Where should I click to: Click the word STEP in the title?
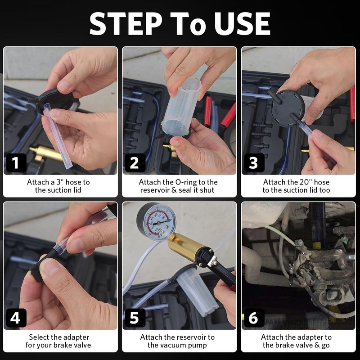126,24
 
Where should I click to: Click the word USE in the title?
242,24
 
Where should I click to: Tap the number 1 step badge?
16,163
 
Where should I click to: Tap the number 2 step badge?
135,163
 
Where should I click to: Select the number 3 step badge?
254,163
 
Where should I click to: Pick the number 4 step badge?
16,318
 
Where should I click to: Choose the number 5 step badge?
135,318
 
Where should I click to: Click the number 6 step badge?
254,318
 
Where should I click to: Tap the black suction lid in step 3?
287,108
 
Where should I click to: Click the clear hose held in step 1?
58,136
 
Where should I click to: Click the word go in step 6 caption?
325,346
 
